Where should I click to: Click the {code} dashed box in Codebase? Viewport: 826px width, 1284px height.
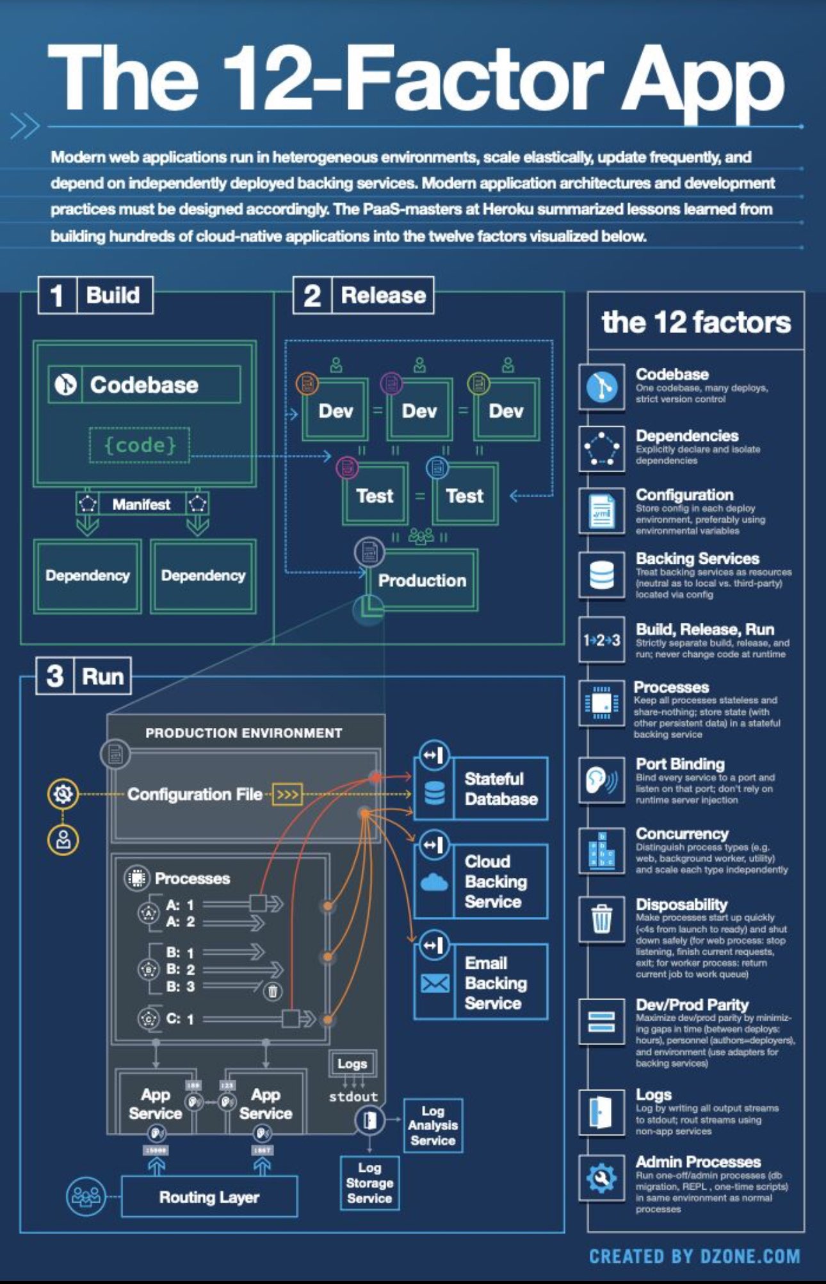(140, 445)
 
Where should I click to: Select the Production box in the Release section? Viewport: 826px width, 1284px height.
(422, 580)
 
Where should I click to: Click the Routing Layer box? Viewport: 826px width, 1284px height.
(209, 1197)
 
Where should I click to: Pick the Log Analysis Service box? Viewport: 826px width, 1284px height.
(433, 1126)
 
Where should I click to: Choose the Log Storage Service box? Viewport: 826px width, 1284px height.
(369, 1183)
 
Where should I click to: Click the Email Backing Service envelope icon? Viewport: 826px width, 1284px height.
(435, 983)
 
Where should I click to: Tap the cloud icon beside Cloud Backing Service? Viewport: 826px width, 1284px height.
(435, 882)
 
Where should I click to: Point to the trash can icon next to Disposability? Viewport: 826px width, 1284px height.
(602, 919)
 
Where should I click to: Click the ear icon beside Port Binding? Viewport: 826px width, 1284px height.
(601, 780)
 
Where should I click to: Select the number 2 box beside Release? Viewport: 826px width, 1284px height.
(312, 295)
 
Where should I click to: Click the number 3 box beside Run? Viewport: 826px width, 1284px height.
(55, 676)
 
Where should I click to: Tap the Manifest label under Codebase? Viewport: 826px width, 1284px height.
(142, 504)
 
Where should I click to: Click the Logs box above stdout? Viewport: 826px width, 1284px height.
(352, 1064)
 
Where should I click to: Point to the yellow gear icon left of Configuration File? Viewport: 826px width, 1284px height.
(63, 794)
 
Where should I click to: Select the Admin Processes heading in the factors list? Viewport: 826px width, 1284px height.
(698, 1161)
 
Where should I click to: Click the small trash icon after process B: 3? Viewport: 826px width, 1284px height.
(272, 991)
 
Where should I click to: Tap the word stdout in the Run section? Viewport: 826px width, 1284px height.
(353, 1096)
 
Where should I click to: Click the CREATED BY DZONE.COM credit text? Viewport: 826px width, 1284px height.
(694, 1256)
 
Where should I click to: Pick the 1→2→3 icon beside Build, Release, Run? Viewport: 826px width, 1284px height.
(601, 640)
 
